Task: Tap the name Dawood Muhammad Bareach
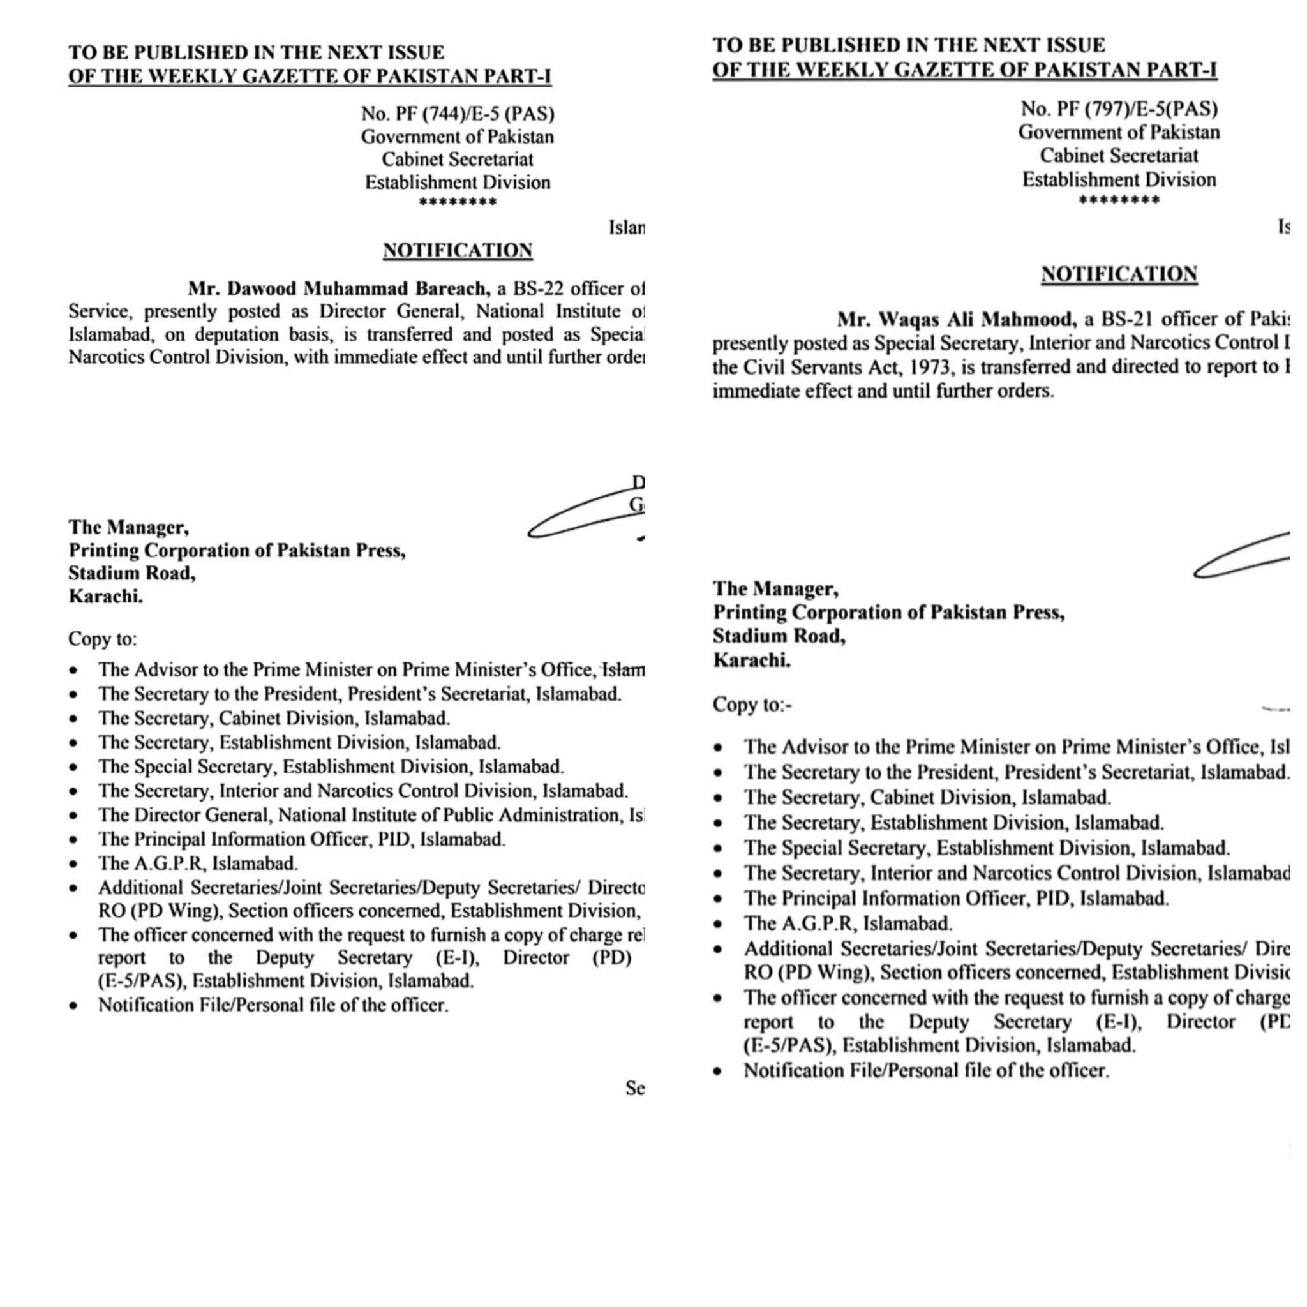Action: (x=338, y=289)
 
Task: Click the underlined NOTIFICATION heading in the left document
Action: (x=458, y=250)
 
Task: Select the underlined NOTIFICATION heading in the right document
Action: (x=1119, y=274)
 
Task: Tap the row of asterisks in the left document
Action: (x=458, y=202)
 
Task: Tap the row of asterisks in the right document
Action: (x=1119, y=200)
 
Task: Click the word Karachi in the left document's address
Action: (x=105, y=597)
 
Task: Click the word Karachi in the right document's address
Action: (x=751, y=660)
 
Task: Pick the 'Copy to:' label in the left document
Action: (x=102, y=639)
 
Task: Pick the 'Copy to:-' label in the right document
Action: (x=752, y=705)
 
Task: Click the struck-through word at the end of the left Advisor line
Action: (x=623, y=669)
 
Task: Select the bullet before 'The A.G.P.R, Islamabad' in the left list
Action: (x=74, y=865)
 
